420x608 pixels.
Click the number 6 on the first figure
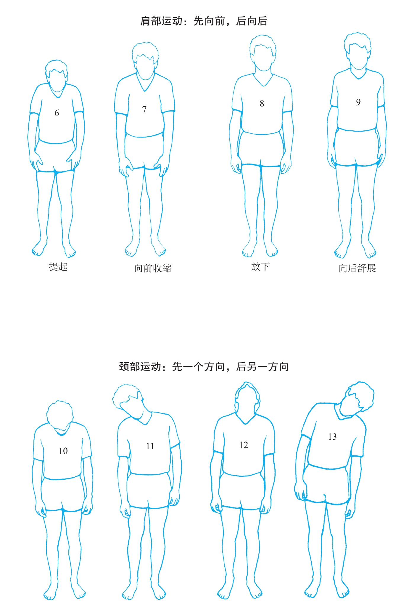(x=57, y=113)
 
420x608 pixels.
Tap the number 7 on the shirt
(x=144, y=109)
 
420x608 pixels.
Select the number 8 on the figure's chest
(x=262, y=104)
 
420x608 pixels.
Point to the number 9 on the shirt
(x=358, y=102)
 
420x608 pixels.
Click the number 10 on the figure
(x=63, y=451)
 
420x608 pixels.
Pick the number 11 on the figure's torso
(x=150, y=446)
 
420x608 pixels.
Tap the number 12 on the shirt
(x=244, y=445)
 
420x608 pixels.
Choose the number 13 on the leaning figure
(x=332, y=437)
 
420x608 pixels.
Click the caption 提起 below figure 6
(x=58, y=267)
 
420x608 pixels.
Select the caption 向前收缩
(x=153, y=268)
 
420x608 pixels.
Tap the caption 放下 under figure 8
(x=260, y=267)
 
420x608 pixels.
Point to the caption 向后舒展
(x=357, y=268)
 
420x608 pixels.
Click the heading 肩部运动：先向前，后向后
(x=204, y=21)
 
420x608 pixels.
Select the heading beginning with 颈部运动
(x=204, y=367)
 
